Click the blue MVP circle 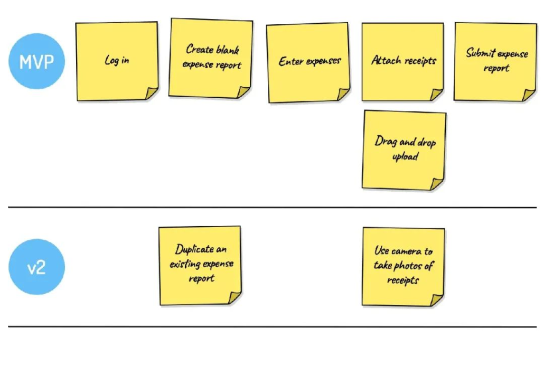point(37,62)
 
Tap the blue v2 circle point(36,267)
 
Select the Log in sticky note point(117,61)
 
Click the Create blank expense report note point(211,58)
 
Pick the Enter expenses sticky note point(309,62)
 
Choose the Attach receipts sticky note point(403,61)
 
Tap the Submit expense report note point(495,61)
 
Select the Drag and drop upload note point(404,149)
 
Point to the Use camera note point(403,266)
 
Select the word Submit point(481,53)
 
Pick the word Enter point(291,61)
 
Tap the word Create point(200,50)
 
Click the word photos point(409,266)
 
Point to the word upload point(405,157)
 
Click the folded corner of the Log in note point(152,93)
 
